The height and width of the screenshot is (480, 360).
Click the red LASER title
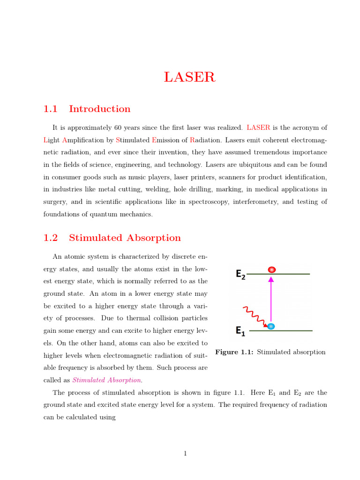(x=189, y=77)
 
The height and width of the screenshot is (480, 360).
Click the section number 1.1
(x=50, y=109)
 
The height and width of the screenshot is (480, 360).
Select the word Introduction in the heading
(x=99, y=109)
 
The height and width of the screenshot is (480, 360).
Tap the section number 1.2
(x=50, y=238)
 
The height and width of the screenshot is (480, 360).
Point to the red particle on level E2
(x=271, y=270)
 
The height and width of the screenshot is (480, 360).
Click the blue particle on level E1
(x=271, y=326)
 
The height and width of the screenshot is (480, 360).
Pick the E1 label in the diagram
(x=240, y=331)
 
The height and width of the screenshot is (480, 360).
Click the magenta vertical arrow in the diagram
(x=271, y=300)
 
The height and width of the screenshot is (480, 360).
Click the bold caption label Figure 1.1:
(x=234, y=352)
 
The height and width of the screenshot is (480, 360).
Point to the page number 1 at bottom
(x=185, y=453)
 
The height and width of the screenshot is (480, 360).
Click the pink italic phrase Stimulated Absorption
(x=106, y=380)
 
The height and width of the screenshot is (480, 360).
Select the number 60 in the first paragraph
(x=117, y=127)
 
